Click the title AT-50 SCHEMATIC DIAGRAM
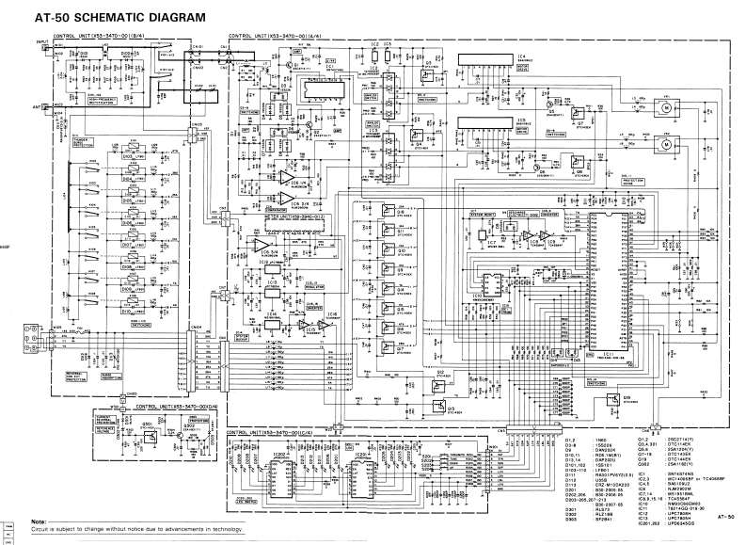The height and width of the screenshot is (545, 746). click(119, 18)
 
